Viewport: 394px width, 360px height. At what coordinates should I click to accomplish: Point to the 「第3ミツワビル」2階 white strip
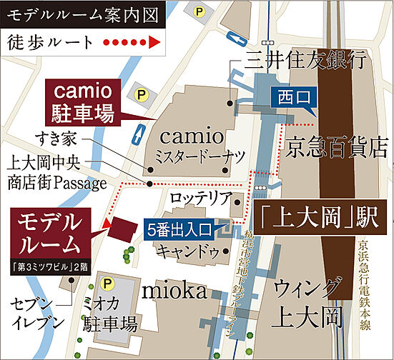49,268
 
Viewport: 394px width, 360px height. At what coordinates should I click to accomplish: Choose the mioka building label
174,291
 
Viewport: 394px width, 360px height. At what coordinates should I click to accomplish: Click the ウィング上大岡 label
306,302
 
